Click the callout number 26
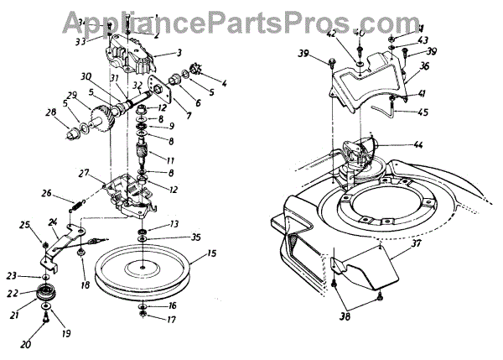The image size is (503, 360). [x=47, y=195]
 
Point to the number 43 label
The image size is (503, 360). [x=423, y=40]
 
